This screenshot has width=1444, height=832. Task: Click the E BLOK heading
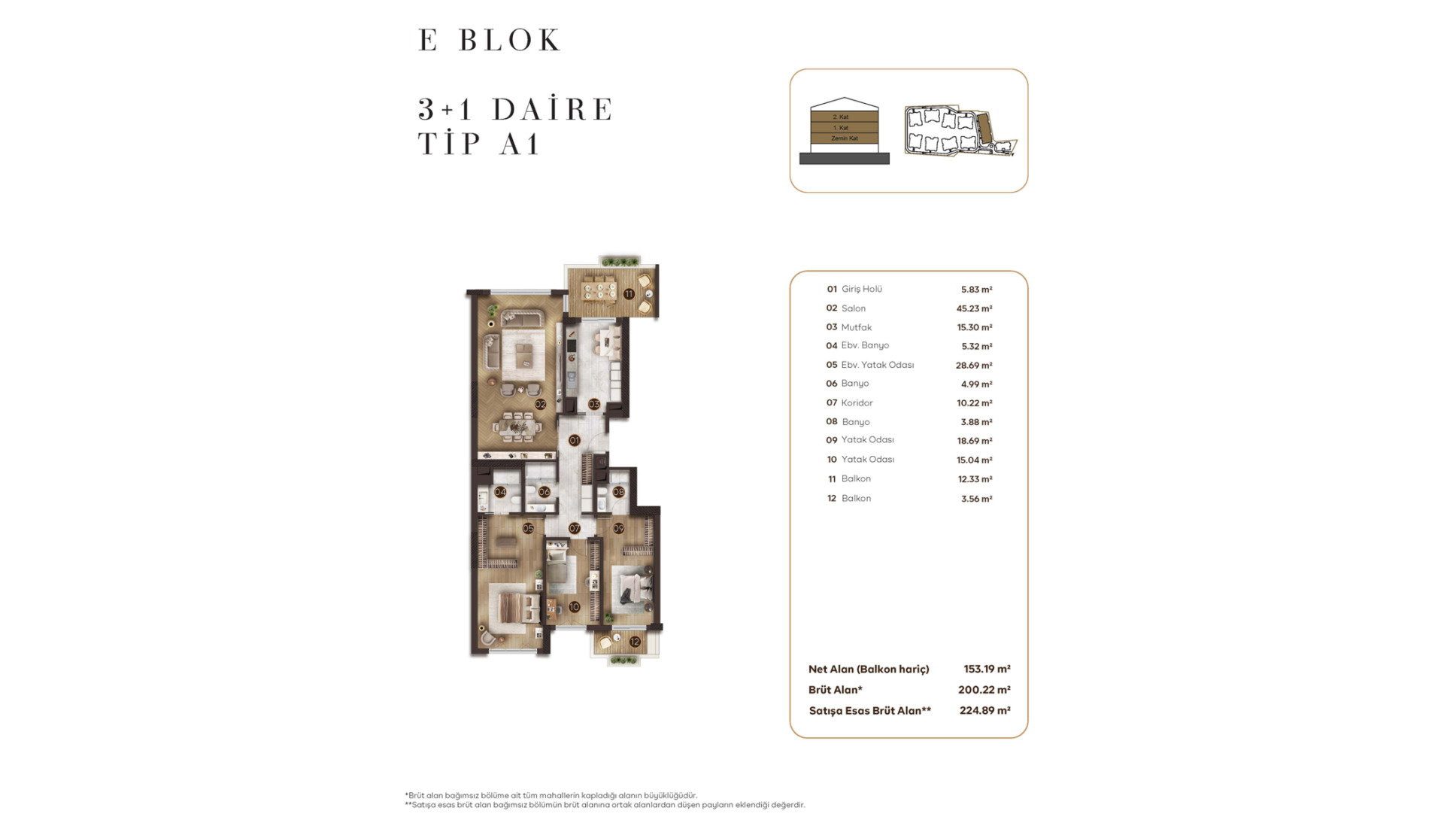click(x=490, y=40)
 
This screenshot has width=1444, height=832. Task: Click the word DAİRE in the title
click(x=553, y=109)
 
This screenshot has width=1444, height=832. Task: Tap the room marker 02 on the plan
click(x=541, y=404)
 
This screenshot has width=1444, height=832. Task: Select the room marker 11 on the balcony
click(x=629, y=294)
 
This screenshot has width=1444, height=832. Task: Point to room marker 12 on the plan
click(x=635, y=642)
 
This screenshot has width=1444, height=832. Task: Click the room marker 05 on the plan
click(x=528, y=528)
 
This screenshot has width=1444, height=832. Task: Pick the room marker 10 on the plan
click(x=575, y=606)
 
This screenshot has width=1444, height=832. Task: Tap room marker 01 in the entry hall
click(x=575, y=440)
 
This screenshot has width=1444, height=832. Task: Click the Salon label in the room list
click(x=854, y=308)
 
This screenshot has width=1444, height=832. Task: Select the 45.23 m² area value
click(x=975, y=308)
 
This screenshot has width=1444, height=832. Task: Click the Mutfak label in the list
click(x=857, y=327)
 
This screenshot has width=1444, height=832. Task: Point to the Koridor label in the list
click(x=857, y=402)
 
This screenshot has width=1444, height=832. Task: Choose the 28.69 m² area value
click(x=975, y=365)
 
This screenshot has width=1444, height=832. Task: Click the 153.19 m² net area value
click(x=987, y=669)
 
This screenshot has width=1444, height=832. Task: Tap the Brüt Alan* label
click(x=836, y=690)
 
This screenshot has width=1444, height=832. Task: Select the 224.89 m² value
click(x=985, y=710)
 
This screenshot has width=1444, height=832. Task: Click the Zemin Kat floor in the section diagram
click(x=845, y=138)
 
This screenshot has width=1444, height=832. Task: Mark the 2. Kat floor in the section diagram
click(x=845, y=117)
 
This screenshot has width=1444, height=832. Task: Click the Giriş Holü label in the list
click(x=862, y=289)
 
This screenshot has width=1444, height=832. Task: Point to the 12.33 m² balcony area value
click(x=975, y=479)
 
